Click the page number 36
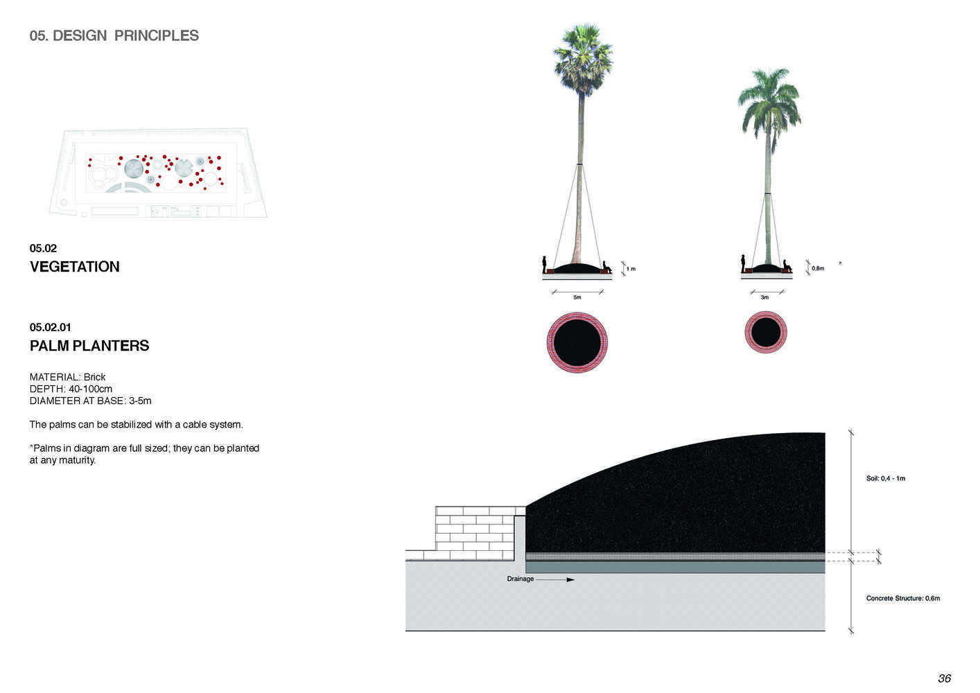[x=944, y=678]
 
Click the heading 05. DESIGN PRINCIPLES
[x=114, y=35]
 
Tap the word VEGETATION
[x=75, y=266]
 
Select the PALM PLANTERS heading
[x=89, y=346]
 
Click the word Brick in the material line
[x=94, y=377]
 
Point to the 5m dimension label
[x=577, y=297]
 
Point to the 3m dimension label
[x=764, y=297]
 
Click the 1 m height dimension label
[x=631, y=269]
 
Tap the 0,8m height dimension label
[x=818, y=268]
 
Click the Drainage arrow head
[x=570, y=579]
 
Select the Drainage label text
[x=520, y=579]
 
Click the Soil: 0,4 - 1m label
[x=886, y=478]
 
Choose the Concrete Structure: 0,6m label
[x=903, y=598]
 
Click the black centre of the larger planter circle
[x=577, y=342]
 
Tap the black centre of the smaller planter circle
[x=766, y=332]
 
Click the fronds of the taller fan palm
[x=583, y=57]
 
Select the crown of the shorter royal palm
[x=769, y=105]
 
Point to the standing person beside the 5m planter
[x=545, y=264]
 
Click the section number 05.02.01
[x=51, y=327]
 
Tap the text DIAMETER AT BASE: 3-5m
[x=91, y=401]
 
